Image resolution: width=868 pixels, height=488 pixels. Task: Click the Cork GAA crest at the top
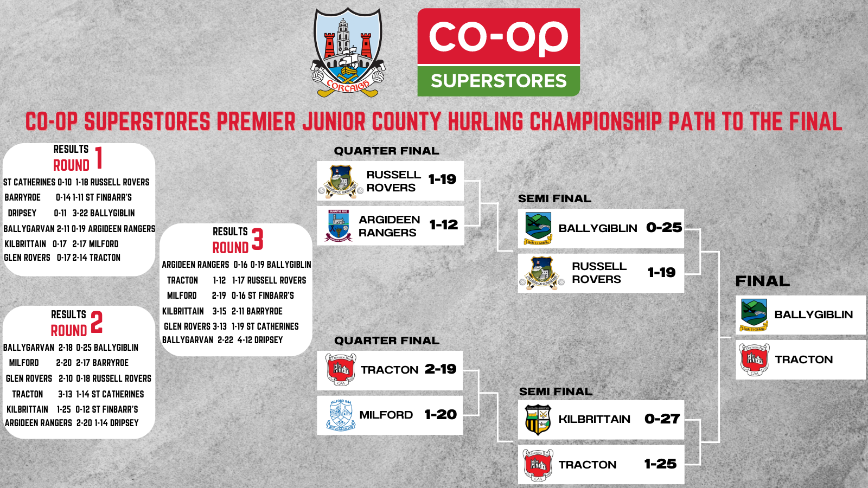(x=348, y=53)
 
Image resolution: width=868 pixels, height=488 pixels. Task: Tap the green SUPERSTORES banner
(x=499, y=81)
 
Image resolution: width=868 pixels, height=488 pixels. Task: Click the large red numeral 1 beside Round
(x=99, y=158)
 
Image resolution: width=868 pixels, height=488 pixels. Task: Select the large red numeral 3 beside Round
(x=258, y=240)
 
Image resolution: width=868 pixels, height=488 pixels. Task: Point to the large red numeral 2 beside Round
(x=97, y=323)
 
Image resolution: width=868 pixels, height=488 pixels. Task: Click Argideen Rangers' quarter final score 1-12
(x=444, y=224)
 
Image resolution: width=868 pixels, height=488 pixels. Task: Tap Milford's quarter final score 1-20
(x=441, y=415)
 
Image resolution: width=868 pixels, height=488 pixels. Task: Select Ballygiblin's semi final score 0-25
(x=664, y=228)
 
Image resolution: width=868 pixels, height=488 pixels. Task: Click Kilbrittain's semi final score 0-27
(x=662, y=419)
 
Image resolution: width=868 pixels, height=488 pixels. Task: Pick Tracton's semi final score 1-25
(x=661, y=464)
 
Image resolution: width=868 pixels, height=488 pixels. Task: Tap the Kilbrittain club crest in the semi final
(x=538, y=420)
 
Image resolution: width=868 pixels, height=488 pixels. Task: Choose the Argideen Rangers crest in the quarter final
(x=339, y=226)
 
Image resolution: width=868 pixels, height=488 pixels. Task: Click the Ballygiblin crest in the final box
(x=754, y=315)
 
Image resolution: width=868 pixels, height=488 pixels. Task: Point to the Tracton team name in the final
(x=803, y=359)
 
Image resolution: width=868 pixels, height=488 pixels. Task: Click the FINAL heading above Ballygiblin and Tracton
(x=762, y=281)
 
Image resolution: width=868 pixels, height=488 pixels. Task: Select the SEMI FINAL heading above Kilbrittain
(x=556, y=391)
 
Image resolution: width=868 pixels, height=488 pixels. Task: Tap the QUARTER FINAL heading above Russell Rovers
(x=386, y=151)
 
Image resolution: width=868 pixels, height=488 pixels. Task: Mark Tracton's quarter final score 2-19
(x=441, y=369)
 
